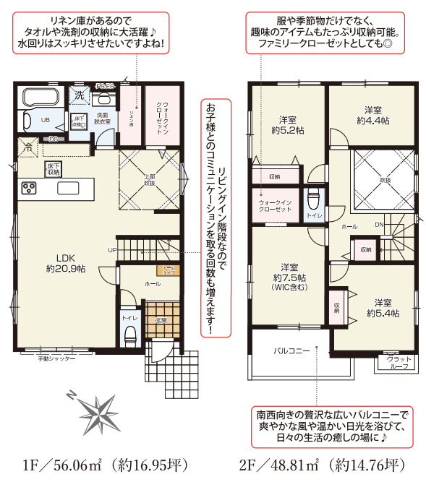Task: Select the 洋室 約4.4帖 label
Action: (373, 115)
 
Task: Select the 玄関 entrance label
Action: (160, 319)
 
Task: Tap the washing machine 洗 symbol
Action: (79, 95)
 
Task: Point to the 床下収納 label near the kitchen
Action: (52, 169)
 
